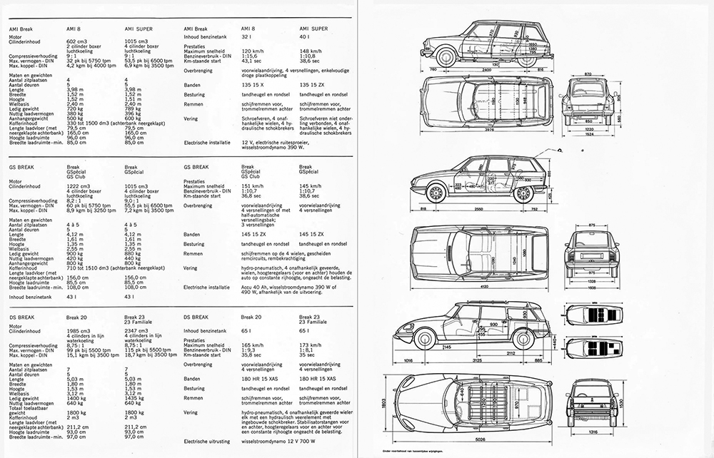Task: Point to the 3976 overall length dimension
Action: [485, 131]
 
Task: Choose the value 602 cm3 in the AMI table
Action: [76, 43]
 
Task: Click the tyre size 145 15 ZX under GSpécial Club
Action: [255, 233]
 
